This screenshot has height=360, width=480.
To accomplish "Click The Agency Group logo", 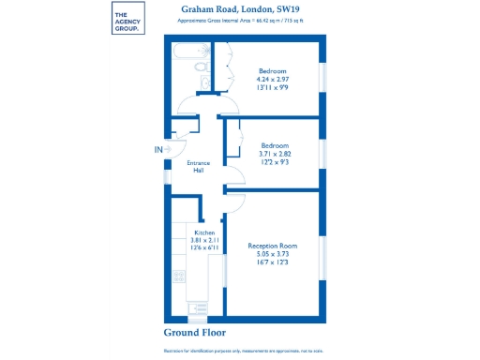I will (127, 21).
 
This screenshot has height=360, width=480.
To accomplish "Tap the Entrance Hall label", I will (198, 168).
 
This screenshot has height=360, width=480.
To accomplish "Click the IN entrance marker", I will (158, 149).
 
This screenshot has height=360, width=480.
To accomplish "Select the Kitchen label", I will (204, 232).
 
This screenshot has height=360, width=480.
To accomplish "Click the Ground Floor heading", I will (196, 333).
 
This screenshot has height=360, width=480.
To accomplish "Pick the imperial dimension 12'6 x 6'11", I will (204, 249).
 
